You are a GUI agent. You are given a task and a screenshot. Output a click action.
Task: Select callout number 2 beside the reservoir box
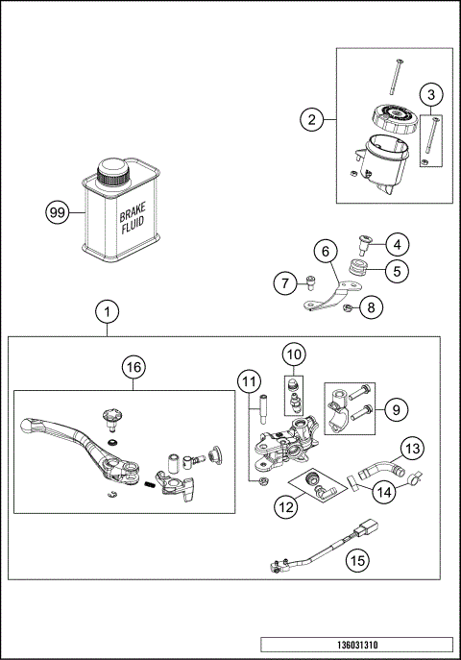309,120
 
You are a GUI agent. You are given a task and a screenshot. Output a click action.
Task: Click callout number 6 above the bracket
325,252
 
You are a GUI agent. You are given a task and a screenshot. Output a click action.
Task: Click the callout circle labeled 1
108,311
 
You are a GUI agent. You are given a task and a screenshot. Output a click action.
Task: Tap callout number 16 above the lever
133,368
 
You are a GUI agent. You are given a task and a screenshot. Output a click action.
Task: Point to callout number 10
293,353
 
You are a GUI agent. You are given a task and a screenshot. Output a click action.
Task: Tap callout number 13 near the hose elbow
411,449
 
